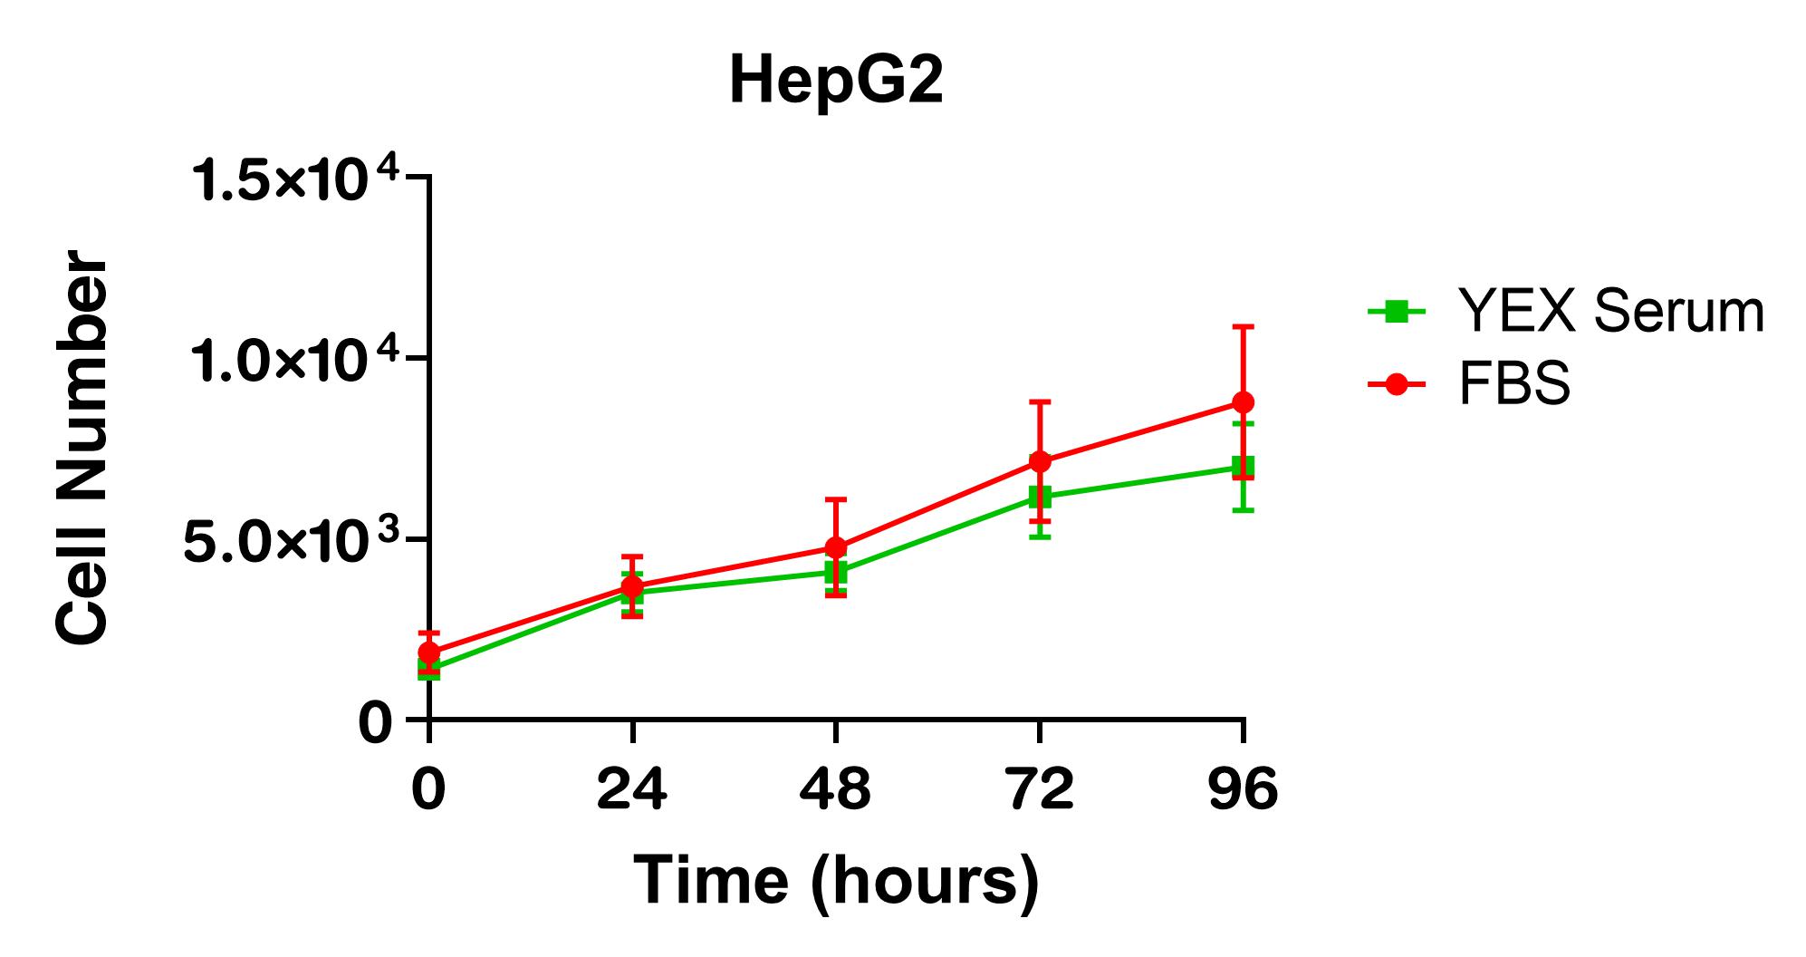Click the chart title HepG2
pyautogui.click(x=836, y=82)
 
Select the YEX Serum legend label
pyautogui.click(x=1610, y=312)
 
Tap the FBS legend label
pyautogui.click(x=1514, y=384)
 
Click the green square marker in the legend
pyautogui.click(x=1398, y=313)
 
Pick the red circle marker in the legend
pyautogui.click(x=1398, y=384)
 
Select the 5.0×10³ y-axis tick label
pyautogui.click(x=292, y=541)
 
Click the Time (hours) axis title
pyautogui.click(x=835, y=880)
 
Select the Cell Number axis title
pyautogui.click(x=82, y=449)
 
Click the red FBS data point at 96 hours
pyautogui.click(x=1244, y=401)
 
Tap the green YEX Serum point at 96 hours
pyautogui.click(x=1244, y=468)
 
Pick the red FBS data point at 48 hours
pyautogui.click(x=836, y=547)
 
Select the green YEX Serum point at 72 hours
pyautogui.click(x=1040, y=497)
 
